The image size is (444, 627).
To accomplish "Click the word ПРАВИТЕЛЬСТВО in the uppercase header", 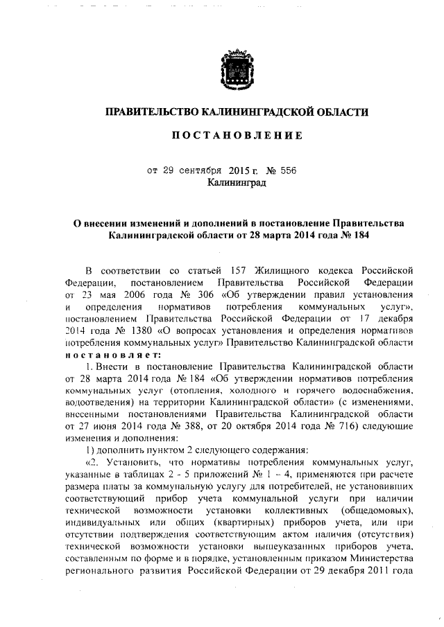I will [149, 112].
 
